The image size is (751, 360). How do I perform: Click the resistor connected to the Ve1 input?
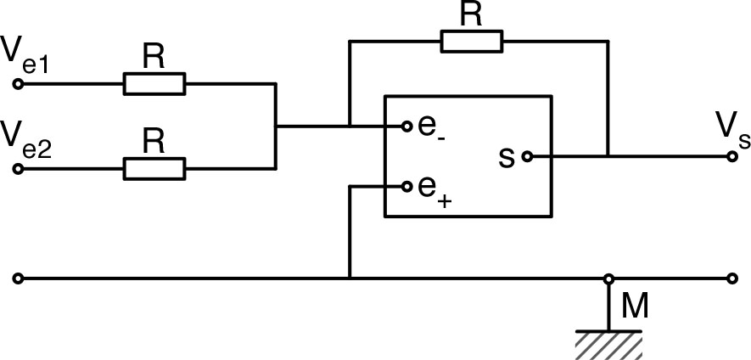(x=154, y=84)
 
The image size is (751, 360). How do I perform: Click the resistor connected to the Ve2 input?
(x=154, y=169)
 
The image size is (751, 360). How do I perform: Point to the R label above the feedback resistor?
(x=470, y=14)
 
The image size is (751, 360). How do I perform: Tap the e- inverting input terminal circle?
(x=407, y=127)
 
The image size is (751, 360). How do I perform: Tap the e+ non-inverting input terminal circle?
(x=407, y=186)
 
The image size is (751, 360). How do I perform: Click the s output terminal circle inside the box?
(x=526, y=156)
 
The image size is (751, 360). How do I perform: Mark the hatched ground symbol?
(x=608, y=344)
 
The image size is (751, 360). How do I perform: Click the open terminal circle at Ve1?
(x=18, y=84)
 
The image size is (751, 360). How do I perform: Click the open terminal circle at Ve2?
(x=18, y=169)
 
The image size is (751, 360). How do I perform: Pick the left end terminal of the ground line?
(x=18, y=278)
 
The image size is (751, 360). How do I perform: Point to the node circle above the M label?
(x=608, y=278)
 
